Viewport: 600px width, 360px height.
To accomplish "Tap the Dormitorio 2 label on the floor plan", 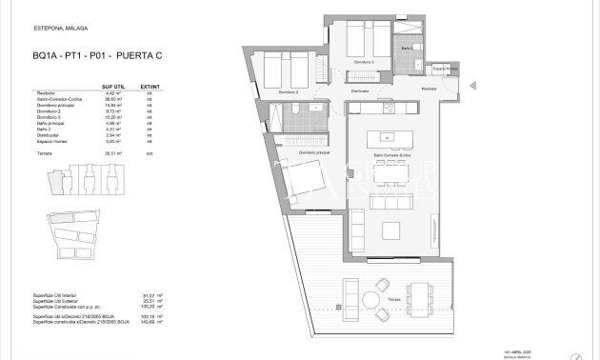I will click(289, 92).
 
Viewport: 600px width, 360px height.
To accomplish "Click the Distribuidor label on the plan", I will click(359, 91).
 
